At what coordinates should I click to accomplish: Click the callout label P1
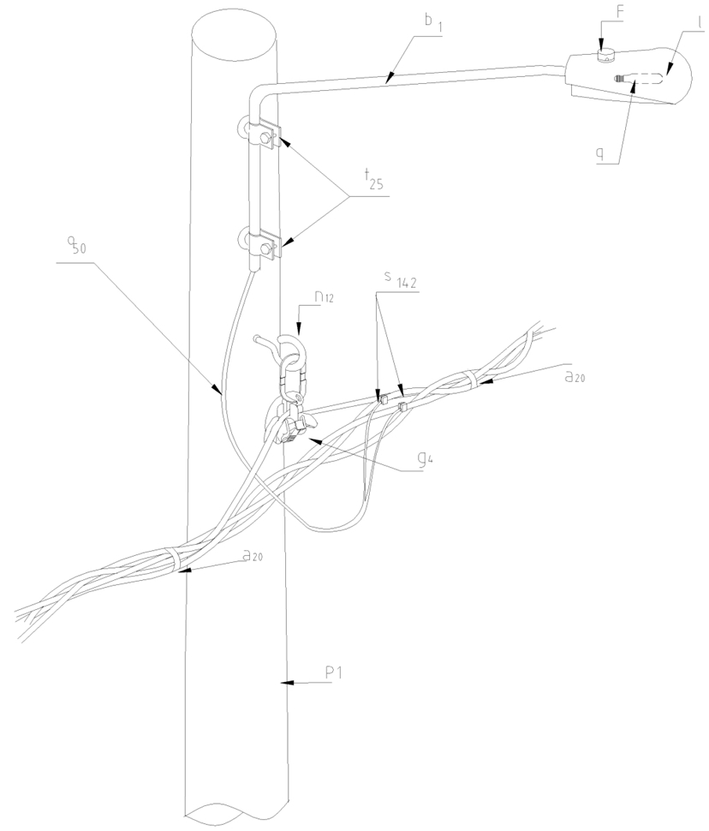(334, 673)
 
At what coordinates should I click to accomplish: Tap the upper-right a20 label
(575, 377)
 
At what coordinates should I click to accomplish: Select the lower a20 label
(253, 556)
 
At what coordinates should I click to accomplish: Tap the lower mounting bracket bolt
(265, 246)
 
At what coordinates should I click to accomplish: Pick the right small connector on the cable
(402, 407)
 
